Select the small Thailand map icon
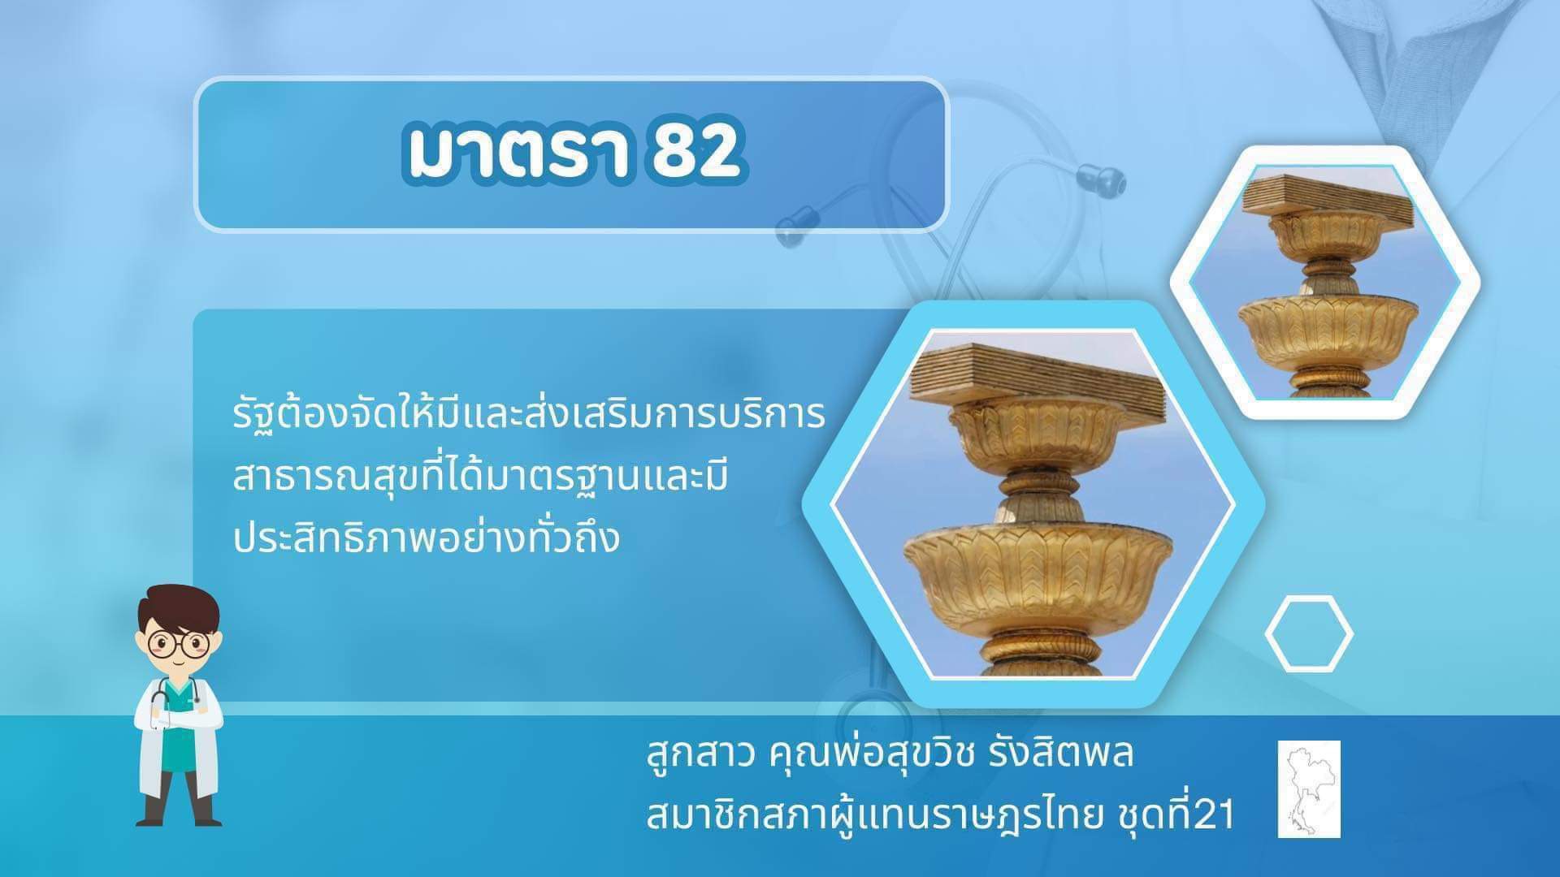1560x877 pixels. [1309, 788]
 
